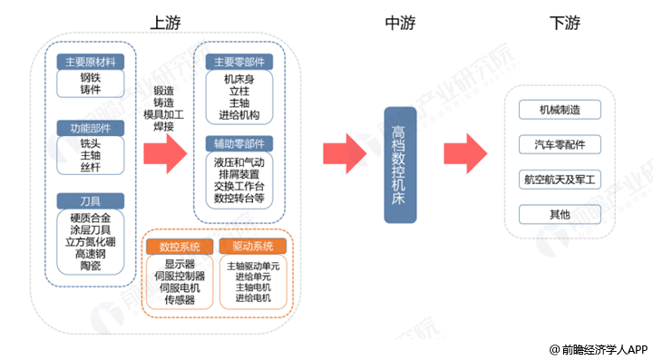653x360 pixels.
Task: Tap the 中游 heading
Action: (400, 22)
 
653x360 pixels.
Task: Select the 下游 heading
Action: (566, 22)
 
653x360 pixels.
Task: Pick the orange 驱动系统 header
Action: (251, 247)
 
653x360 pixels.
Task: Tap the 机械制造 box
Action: (560, 111)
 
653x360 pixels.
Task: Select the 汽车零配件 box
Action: (560, 145)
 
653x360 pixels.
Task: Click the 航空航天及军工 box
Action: (560, 180)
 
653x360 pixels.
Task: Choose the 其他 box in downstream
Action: (560, 215)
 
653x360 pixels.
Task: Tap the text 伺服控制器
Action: (180, 276)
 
